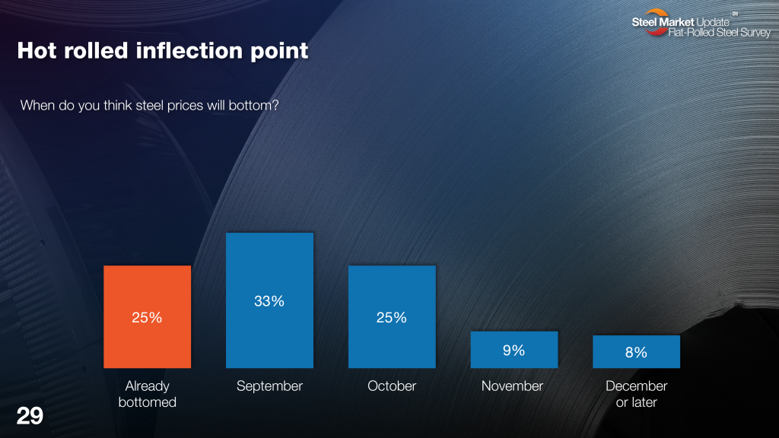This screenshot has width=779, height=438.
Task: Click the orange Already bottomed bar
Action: tap(147, 317)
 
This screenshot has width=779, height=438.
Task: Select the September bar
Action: tap(270, 300)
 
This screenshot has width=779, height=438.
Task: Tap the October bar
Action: tap(392, 317)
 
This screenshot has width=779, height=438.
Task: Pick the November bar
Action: tap(514, 350)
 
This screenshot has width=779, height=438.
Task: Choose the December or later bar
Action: tap(637, 351)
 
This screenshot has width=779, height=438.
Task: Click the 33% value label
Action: tap(269, 301)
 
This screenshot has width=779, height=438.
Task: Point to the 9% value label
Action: tap(514, 350)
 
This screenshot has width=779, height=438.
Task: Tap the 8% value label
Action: tap(636, 352)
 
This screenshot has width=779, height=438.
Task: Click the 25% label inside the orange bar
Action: tap(147, 317)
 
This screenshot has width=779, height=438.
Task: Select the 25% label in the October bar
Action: tap(392, 317)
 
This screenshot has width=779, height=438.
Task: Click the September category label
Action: tap(269, 386)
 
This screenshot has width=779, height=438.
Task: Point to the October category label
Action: tap(392, 386)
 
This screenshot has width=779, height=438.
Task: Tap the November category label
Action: tap(512, 386)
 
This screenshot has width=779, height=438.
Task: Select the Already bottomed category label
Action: tap(147, 394)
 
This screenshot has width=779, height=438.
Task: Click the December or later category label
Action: tap(637, 394)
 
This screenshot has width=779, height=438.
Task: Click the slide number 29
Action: tap(30, 416)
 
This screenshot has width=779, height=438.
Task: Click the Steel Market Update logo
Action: tap(701, 24)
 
